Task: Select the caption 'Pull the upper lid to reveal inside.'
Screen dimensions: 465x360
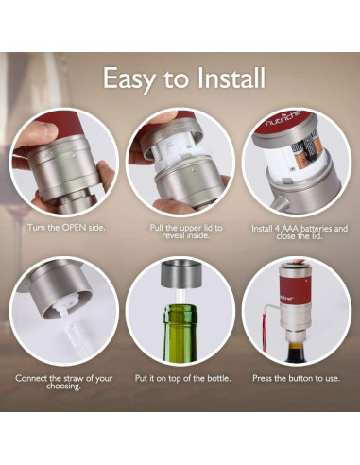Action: coord(180,233)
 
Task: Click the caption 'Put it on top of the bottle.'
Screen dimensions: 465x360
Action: coord(180,378)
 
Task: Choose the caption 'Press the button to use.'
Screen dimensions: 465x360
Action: coord(296,378)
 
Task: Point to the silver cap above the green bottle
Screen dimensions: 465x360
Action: coord(180,280)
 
